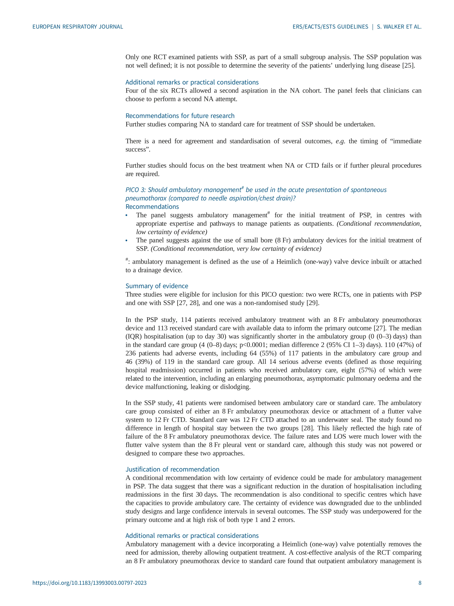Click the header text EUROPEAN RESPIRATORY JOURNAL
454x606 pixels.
pyautogui.click(x=78, y=27)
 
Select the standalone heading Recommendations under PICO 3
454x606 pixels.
pyautogui.click(x=152, y=207)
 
